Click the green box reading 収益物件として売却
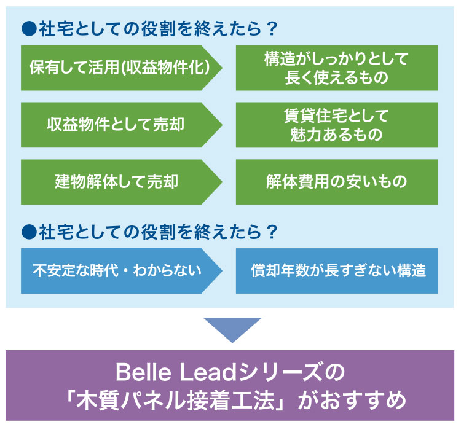(x=121, y=125)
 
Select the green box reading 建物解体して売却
(x=121, y=182)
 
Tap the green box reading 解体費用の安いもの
(x=337, y=182)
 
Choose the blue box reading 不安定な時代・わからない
(x=121, y=271)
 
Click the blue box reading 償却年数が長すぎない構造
(x=337, y=271)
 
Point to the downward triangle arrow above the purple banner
(x=232, y=329)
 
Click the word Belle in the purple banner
(x=143, y=372)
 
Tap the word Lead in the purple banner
(x=208, y=372)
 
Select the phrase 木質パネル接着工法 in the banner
(x=175, y=401)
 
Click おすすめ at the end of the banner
(x=363, y=401)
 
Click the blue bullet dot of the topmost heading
(x=29, y=29)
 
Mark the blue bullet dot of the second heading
(x=29, y=232)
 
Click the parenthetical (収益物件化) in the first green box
(x=165, y=68)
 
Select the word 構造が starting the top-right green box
(x=286, y=58)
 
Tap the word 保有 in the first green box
(x=44, y=68)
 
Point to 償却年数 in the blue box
(x=280, y=271)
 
